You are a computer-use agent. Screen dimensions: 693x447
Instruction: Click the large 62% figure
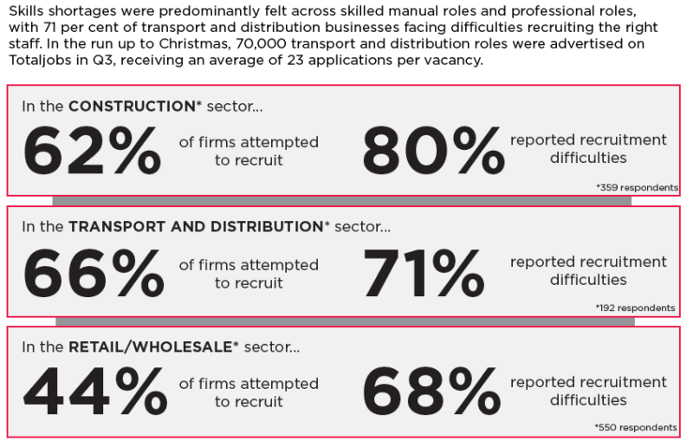(92, 151)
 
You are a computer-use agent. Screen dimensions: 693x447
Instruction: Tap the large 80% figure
(433, 151)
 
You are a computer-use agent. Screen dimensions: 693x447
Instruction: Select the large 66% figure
(94, 273)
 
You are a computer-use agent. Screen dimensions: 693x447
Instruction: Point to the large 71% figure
(424, 273)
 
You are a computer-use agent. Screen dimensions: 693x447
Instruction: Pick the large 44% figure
(95, 392)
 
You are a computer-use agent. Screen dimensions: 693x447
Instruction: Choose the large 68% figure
(431, 392)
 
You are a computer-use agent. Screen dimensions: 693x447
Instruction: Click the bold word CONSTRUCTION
(132, 106)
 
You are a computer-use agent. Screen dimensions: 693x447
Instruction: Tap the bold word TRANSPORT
(117, 226)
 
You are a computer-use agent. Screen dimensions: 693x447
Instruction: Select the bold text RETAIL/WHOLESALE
(150, 347)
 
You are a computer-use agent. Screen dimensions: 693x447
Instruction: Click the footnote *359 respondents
(637, 187)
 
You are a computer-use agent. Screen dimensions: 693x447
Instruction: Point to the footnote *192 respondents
(635, 308)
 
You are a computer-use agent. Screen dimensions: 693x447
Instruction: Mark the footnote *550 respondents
(636, 428)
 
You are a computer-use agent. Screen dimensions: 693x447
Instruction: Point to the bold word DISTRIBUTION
(267, 226)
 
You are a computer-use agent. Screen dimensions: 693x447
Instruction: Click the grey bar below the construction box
(341, 201)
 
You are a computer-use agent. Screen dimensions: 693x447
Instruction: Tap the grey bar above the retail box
(345, 321)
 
